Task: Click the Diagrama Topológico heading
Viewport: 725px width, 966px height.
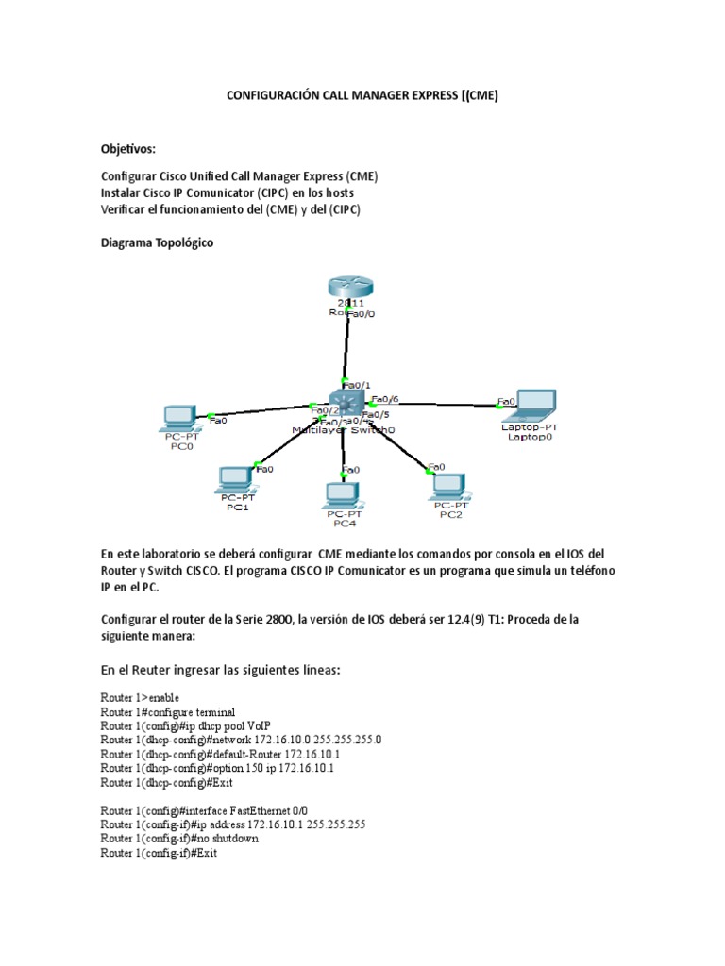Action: pyautogui.click(x=157, y=243)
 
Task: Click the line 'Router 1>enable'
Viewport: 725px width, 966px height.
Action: pyautogui.click(x=140, y=697)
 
